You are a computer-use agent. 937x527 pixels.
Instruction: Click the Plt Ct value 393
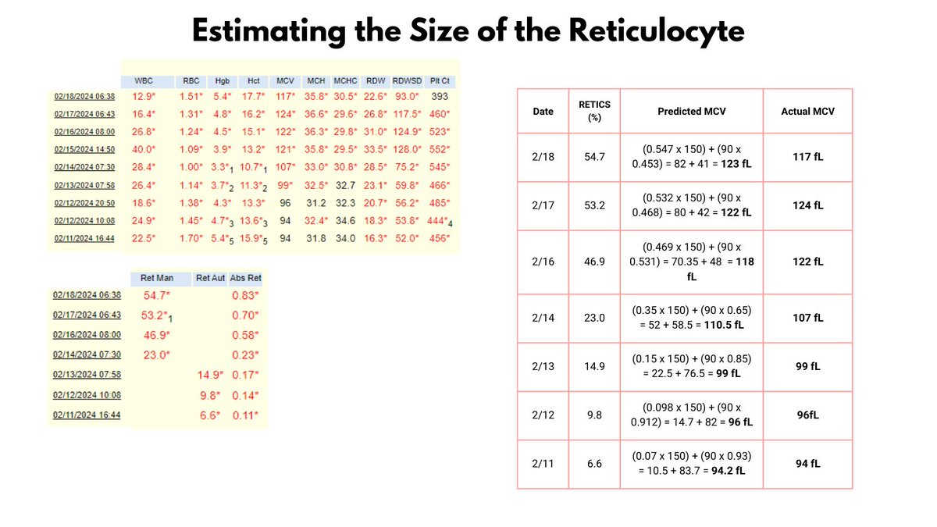pos(441,97)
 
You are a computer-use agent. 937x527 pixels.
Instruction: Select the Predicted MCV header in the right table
pos(691,111)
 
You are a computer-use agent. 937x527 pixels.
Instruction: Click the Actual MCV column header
pos(807,111)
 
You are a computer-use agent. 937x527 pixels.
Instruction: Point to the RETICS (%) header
pos(595,111)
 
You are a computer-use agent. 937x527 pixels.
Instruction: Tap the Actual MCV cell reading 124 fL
pos(807,206)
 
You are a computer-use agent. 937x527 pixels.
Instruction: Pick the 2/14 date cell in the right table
pos(543,318)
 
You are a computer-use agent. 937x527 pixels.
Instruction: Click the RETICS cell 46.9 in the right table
pos(595,262)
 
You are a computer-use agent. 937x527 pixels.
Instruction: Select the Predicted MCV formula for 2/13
pos(691,366)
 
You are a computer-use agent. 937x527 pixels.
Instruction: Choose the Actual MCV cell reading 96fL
pos(807,415)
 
